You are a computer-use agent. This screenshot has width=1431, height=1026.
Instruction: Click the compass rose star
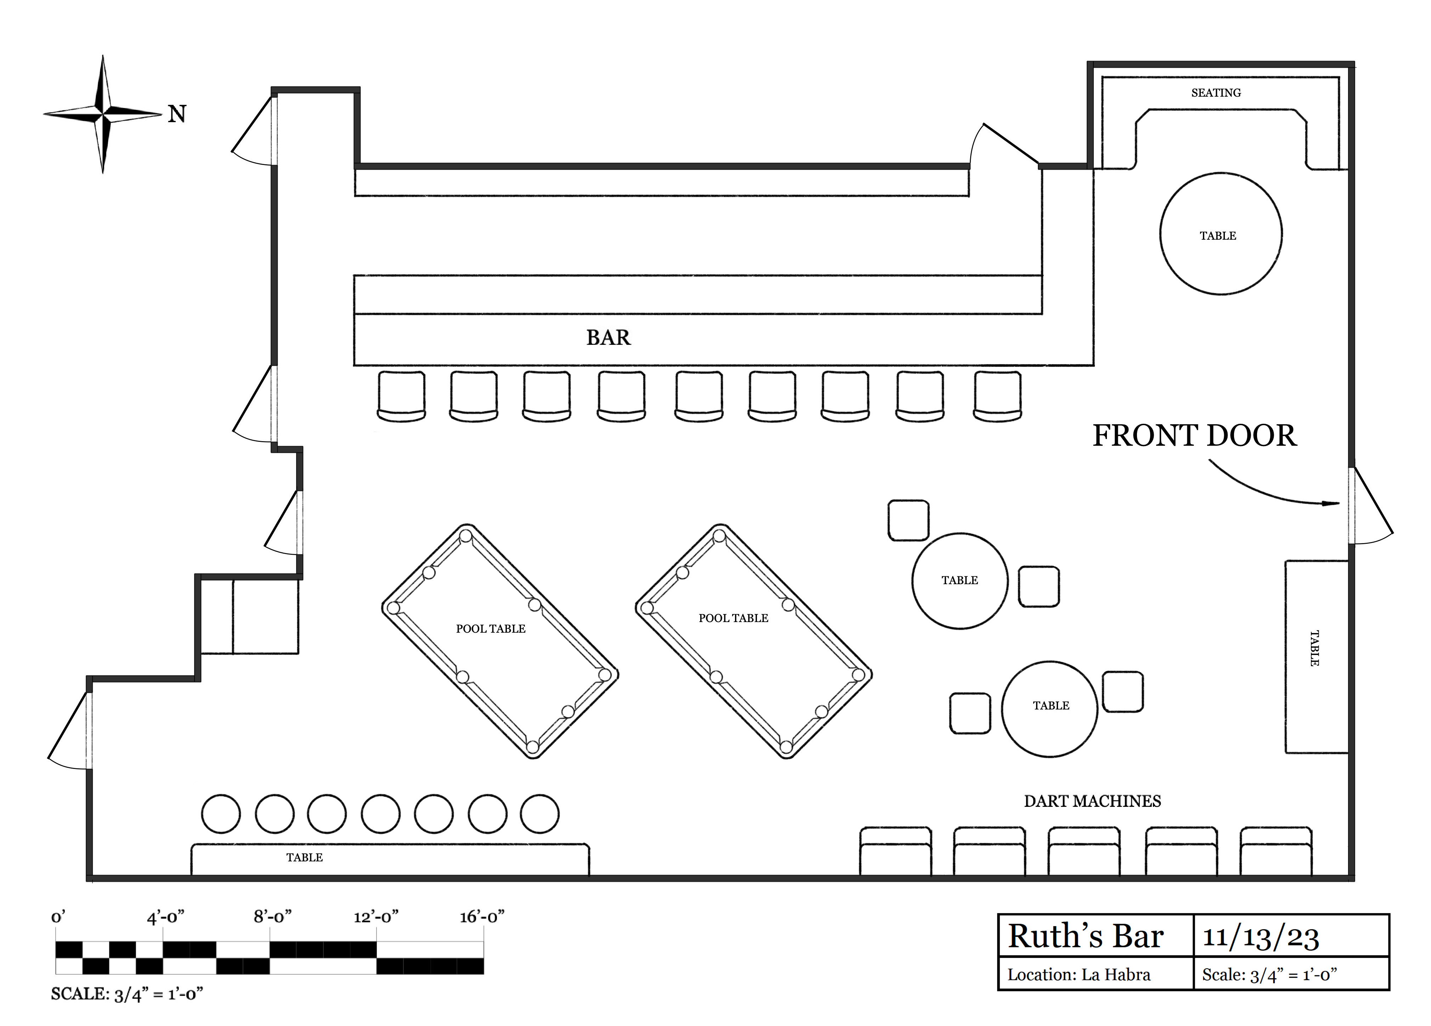point(103,114)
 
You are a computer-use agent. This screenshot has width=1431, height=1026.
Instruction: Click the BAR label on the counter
point(608,338)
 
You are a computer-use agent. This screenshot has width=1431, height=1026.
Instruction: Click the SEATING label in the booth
point(1215,93)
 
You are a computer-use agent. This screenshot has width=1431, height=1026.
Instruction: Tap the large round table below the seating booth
point(1220,234)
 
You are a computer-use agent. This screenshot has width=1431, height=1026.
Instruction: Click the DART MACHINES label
point(1092,802)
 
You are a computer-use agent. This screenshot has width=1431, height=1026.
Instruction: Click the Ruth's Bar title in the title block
point(1085,936)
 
